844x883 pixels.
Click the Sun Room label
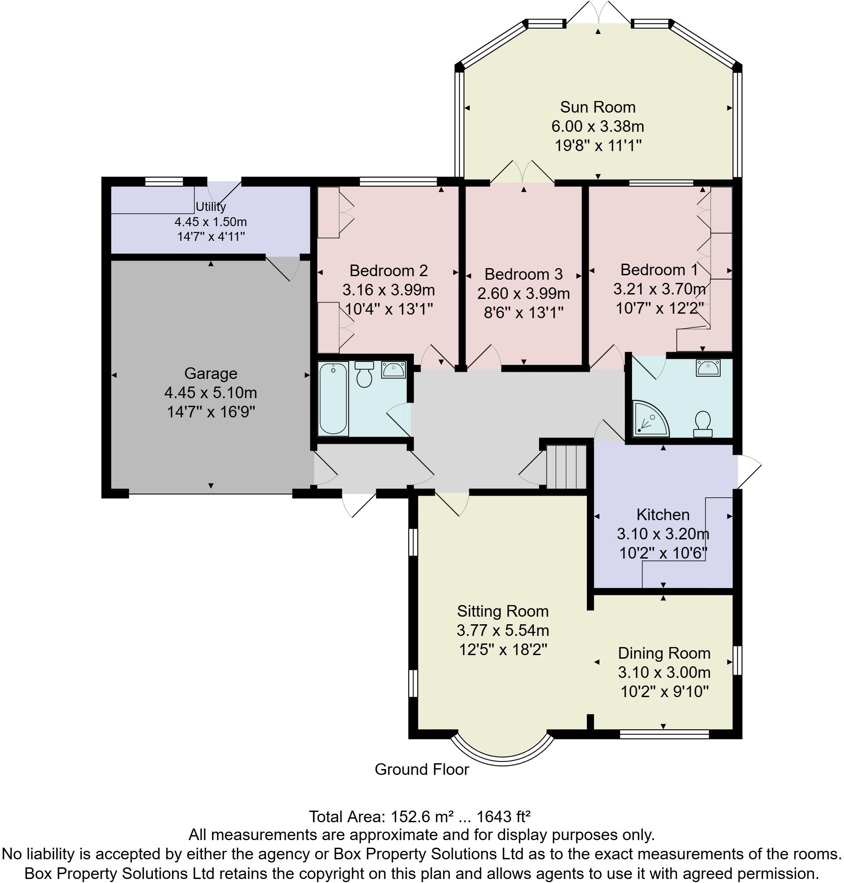(597, 107)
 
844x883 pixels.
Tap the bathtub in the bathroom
(333, 399)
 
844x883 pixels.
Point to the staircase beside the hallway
(565, 467)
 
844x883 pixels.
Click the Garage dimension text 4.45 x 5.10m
(211, 393)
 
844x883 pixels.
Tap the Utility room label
(211, 207)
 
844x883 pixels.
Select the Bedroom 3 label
(523, 274)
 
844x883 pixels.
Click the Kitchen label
(663, 514)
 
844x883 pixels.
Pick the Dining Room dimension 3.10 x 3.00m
(664, 672)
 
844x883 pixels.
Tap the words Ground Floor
(422, 769)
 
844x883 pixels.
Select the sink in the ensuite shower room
(708, 368)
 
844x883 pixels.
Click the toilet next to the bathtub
(364, 374)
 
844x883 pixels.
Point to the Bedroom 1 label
(658, 269)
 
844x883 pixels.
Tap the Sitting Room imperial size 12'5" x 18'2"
(502, 650)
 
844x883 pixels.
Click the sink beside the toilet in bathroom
(393, 370)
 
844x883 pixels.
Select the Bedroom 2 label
(388, 270)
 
